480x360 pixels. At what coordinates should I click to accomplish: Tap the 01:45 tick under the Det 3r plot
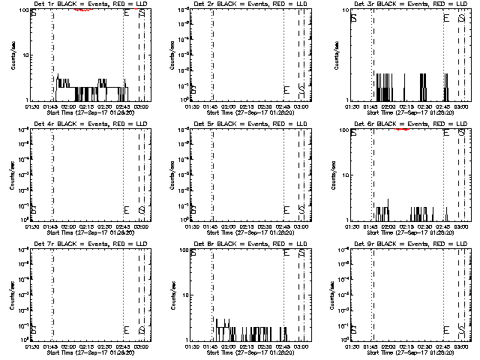pyautogui.click(x=372, y=106)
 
